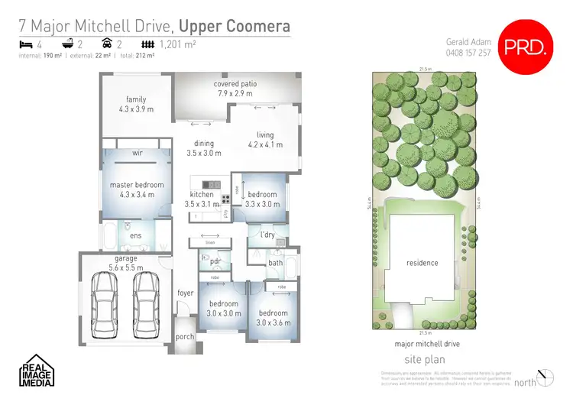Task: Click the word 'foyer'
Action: coord(186,292)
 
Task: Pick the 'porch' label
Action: coord(185,336)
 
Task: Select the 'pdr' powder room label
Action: coord(215,261)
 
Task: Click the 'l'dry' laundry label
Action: coord(267,234)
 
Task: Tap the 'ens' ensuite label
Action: coord(135,235)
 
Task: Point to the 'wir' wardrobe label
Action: coord(138,153)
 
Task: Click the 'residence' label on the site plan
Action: coord(422,263)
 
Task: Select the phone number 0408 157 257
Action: coord(469,53)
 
